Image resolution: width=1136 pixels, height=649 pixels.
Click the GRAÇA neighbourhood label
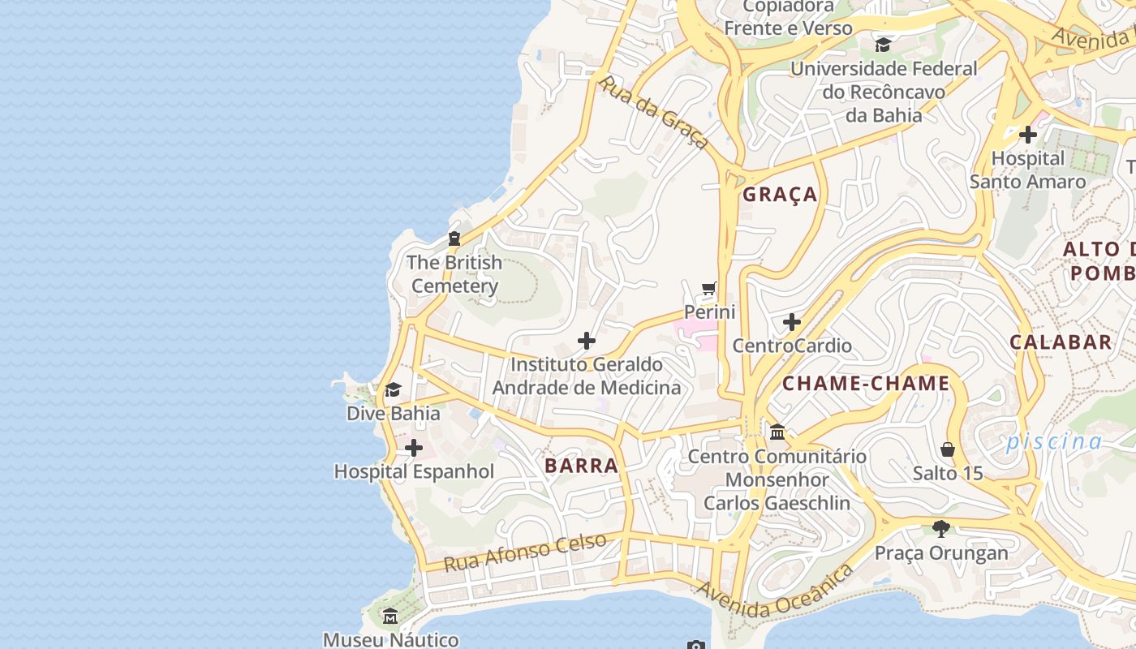click(x=780, y=195)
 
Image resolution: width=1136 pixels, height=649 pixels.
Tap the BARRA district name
click(x=582, y=466)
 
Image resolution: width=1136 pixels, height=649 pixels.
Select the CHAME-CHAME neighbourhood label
click(x=866, y=384)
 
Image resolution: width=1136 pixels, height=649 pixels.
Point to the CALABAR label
click(x=1060, y=342)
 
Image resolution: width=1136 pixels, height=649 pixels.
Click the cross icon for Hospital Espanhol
click(x=414, y=448)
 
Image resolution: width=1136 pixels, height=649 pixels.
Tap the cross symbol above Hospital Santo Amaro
click(x=1028, y=135)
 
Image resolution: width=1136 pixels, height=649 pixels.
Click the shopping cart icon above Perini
click(x=709, y=288)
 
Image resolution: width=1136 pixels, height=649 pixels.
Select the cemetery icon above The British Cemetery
click(x=454, y=239)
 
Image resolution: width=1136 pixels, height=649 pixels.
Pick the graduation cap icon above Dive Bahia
click(x=393, y=390)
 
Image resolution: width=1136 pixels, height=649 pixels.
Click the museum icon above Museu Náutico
click(x=390, y=616)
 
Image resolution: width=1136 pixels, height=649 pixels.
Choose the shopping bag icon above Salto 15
click(x=947, y=449)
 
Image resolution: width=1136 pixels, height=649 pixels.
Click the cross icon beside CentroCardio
click(x=792, y=322)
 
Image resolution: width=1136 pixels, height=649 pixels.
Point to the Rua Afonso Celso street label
click(x=525, y=552)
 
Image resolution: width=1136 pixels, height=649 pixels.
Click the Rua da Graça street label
click(x=653, y=113)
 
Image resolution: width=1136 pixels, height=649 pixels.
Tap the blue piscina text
click(x=1054, y=441)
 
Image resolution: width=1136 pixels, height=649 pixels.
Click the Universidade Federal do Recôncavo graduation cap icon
click(x=883, y=45)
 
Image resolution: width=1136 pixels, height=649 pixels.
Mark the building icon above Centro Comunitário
click(x=777, y=432)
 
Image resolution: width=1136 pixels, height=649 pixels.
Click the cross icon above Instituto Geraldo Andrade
click(x=587, y=341)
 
